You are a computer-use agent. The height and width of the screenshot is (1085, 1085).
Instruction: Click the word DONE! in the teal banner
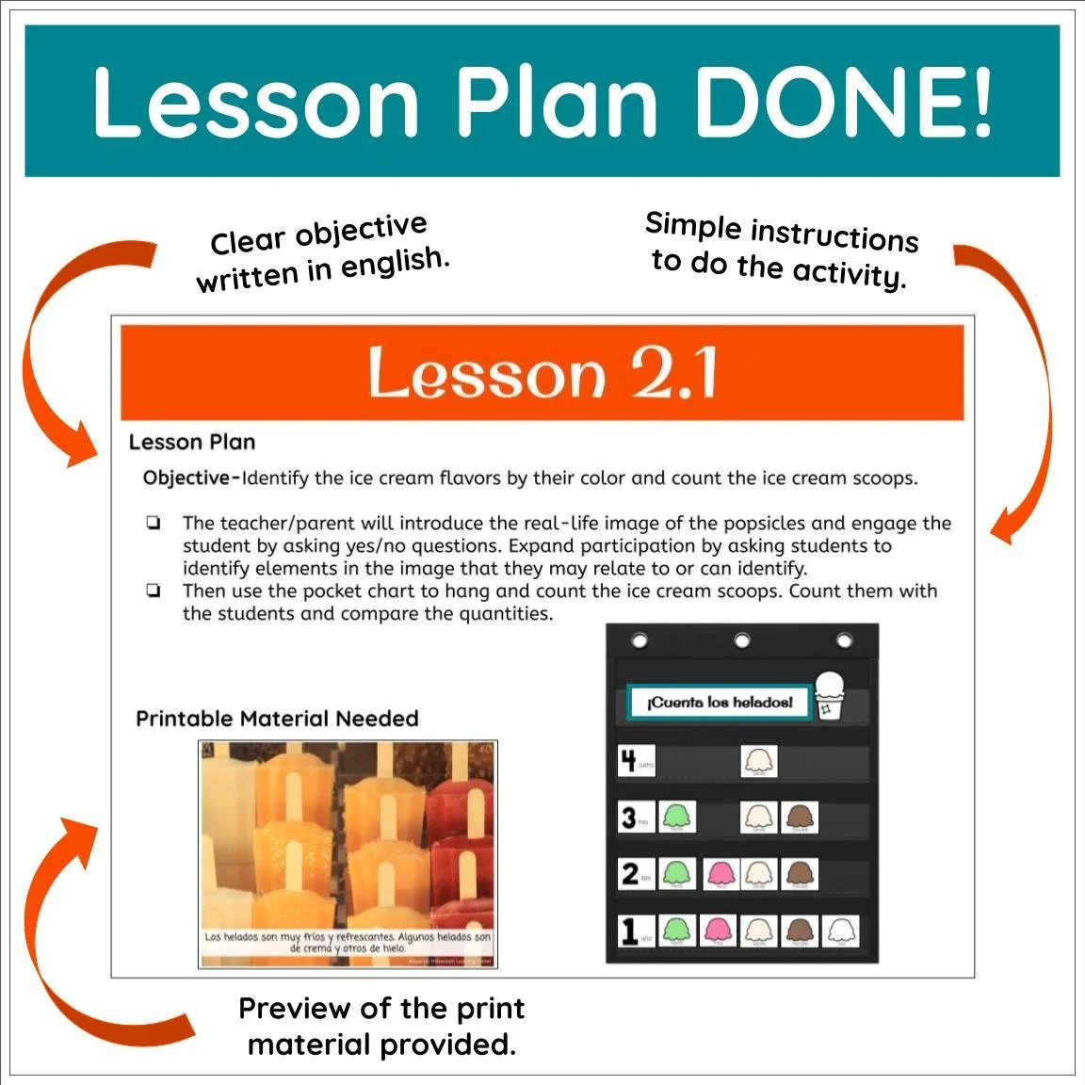[843, 102]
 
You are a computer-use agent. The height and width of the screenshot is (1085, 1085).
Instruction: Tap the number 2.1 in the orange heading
[674, 374]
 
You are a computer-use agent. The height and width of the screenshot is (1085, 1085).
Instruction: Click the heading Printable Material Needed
[277, 719]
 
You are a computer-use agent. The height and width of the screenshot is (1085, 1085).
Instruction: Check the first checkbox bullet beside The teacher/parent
[153, 523]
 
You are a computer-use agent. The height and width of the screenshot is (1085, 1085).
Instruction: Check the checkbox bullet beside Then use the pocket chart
[153, 591]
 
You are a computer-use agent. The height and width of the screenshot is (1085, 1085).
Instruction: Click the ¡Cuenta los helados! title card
[719, 703]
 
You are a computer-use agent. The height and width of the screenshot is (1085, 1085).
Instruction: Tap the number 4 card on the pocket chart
[628, 761]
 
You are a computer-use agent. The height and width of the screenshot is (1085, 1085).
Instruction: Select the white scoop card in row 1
[840, 931]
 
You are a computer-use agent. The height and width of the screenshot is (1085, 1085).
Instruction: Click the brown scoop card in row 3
[800, 818]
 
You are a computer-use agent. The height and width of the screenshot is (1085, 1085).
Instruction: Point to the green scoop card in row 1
[677, 931]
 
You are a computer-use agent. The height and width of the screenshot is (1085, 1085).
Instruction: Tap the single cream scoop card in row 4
[758, 761]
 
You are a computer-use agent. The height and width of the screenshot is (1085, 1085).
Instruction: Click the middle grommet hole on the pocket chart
[742, 641]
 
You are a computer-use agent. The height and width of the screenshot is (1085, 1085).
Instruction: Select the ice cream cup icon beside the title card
[830, 695]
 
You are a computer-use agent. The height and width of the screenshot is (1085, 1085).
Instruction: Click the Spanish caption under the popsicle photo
[348, 943]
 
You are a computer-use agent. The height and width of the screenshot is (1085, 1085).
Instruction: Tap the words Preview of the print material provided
[381, 1026]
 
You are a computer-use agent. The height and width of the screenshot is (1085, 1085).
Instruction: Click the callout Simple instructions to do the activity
[781, 251]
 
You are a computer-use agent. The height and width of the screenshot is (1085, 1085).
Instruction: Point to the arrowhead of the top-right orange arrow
[1004, 531]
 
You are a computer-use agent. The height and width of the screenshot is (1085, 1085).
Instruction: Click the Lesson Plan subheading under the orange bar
[192, 442]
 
